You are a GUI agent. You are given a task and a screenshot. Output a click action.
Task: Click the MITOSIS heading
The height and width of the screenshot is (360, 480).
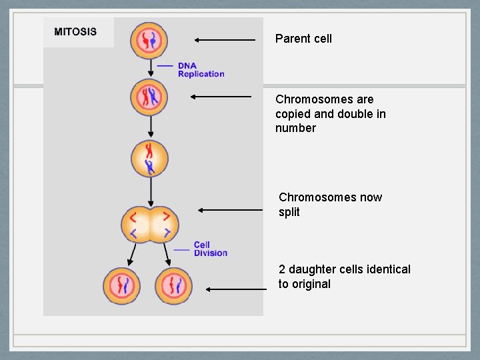coord(75,31)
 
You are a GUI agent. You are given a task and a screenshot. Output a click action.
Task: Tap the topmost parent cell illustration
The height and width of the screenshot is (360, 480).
coord(150,40)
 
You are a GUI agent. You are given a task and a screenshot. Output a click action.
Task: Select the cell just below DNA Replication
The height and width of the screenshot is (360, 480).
coord(150,97)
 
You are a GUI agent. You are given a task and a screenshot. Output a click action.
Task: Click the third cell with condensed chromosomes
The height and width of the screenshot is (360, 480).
coord(150,159)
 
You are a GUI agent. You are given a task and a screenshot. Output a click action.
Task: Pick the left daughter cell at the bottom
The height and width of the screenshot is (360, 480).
coord(122,286)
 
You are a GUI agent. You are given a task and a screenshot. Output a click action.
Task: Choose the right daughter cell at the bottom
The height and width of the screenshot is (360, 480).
coord(173,286)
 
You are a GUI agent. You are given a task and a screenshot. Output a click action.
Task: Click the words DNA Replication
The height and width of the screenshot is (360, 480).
coord(201,70)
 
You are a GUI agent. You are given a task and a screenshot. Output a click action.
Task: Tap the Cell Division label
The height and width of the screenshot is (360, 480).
coord(211,249)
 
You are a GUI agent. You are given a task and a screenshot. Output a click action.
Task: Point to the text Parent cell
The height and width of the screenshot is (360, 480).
coord(303,39)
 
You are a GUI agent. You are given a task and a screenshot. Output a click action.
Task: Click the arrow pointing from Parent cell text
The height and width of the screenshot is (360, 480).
coord(225,40)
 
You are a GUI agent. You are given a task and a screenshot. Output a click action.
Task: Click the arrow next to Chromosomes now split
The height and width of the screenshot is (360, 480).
coord(231,210)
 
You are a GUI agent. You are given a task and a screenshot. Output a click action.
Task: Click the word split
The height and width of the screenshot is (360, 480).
coord(289,212)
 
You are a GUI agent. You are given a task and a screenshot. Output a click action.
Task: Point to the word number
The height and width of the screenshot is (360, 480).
coord(295,128)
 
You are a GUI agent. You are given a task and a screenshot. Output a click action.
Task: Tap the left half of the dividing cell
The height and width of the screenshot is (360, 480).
coord(138,225)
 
